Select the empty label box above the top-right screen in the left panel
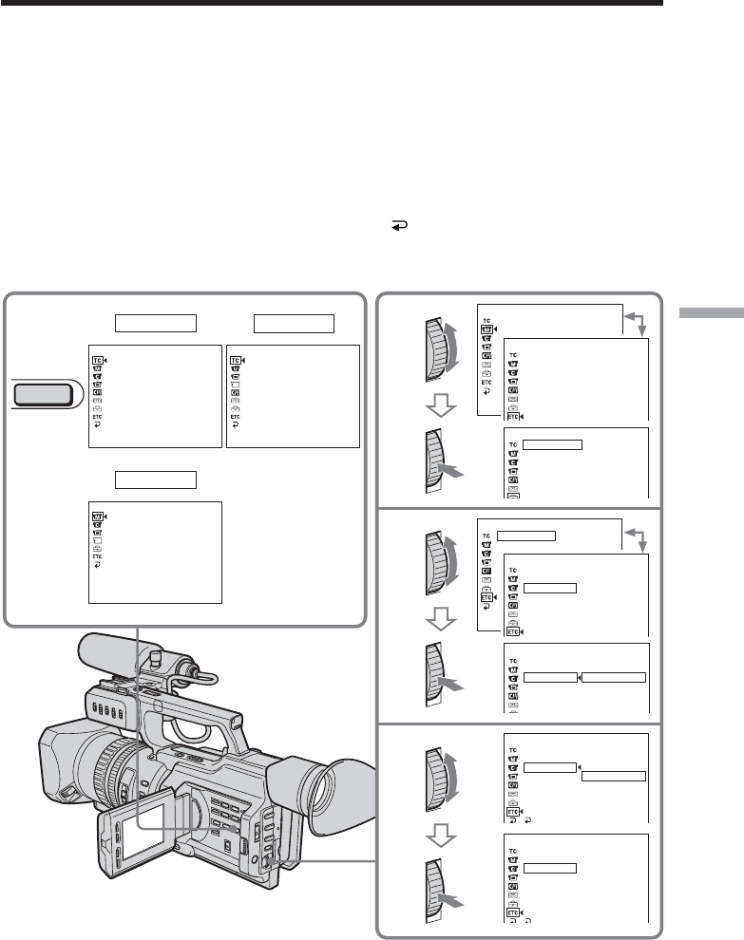[295, 323]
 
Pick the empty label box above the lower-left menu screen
[156, 478]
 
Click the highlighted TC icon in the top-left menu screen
[97, 360]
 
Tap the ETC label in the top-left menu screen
[96, 417]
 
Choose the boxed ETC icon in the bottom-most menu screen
[513, 910]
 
